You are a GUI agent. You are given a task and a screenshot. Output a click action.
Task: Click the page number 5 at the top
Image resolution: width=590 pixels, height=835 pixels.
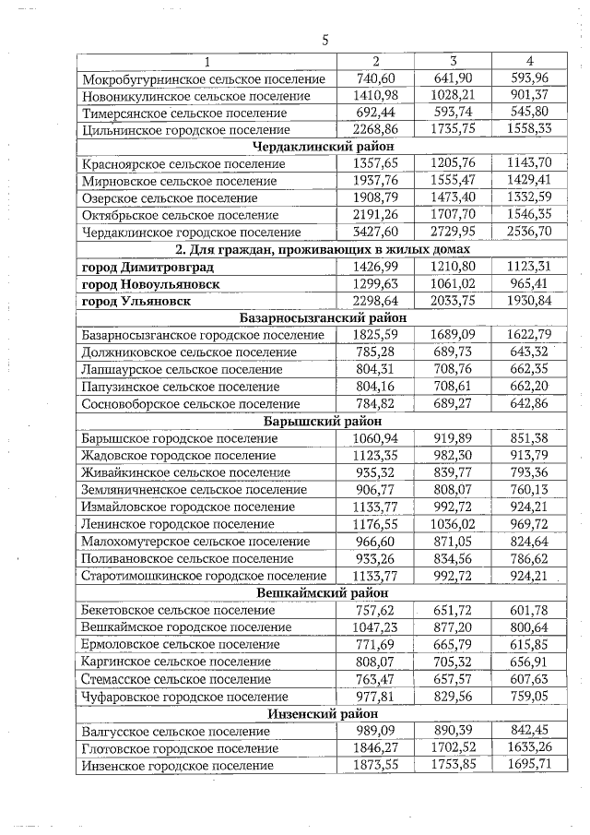[x=325, y=40]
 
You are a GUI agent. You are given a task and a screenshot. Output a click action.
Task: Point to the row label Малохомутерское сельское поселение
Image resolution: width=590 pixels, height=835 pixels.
[x=195, y=541]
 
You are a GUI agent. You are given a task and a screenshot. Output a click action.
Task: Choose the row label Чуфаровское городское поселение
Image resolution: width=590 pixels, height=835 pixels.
[x=184, y=696]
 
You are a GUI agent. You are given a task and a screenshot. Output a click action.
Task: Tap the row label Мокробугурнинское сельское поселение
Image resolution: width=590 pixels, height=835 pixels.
[x=203, y=78]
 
